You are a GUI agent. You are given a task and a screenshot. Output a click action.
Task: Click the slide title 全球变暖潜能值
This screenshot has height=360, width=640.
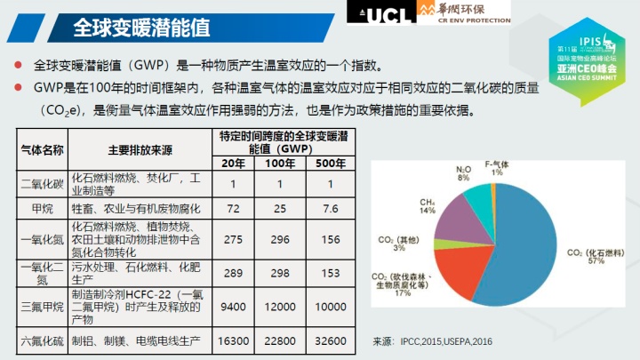tap(141, 28)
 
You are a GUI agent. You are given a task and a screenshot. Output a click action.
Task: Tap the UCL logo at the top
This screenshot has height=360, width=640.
tap(377, 12)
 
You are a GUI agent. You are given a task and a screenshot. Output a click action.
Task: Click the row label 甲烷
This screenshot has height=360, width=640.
tap(42, 208)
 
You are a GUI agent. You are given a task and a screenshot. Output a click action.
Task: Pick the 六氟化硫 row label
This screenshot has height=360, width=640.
tap(42, 340)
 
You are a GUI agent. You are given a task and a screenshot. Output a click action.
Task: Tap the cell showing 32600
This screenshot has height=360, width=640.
tap(331, 340)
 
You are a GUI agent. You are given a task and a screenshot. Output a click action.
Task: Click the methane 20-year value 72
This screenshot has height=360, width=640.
tap(233, 208)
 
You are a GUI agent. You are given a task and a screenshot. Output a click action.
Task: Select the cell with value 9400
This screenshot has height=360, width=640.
tap(233, 306)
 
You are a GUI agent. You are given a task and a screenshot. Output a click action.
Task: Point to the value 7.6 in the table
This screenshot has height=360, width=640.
tap(331, 208)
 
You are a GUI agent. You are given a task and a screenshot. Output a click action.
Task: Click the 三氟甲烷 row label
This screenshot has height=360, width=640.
tap(42, 306)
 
